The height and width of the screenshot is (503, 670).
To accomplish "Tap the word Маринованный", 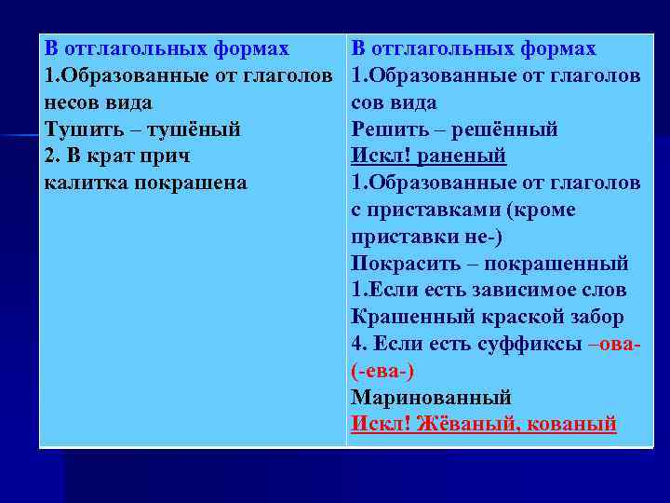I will point(432,397).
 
